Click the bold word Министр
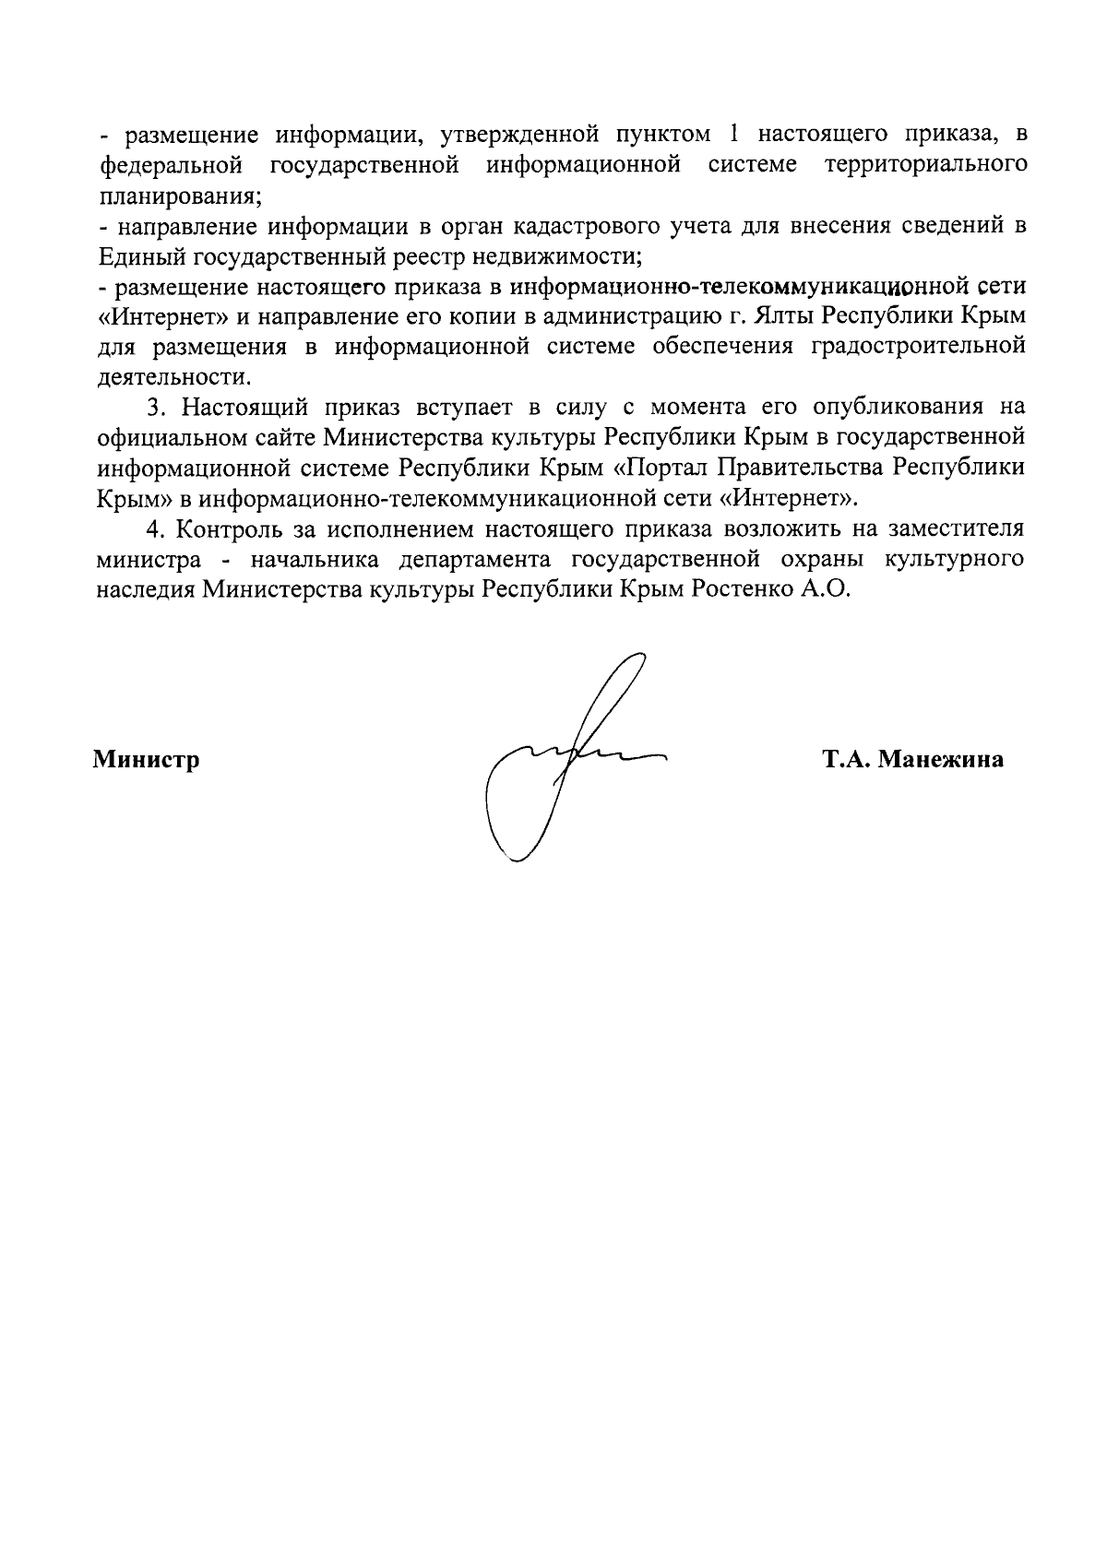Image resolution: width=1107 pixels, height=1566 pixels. coord(147,762)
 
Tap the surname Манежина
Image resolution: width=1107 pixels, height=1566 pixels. coord(942,762)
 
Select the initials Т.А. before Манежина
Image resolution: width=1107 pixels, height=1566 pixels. coord(846,762)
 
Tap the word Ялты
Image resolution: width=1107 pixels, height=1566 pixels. coord(781,316)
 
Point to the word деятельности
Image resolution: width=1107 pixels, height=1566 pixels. coord(173,377)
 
